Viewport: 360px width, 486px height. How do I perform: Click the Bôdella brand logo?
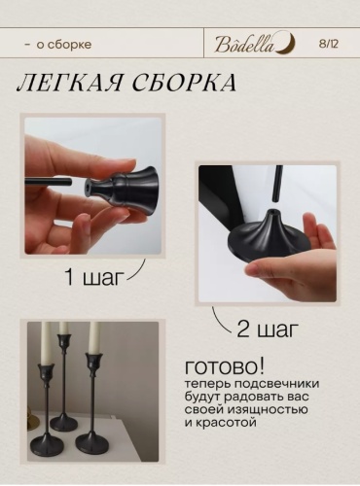256,44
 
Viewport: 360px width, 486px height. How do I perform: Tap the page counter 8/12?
328,44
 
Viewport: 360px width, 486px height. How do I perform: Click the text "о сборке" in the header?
64,45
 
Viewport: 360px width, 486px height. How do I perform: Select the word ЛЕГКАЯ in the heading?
69,84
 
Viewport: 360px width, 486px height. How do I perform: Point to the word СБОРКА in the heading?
185,84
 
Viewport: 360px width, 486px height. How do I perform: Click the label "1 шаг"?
95,278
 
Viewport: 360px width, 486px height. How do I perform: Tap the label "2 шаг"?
268,329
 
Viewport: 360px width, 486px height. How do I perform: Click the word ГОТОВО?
225,367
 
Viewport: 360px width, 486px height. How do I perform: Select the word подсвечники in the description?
276,384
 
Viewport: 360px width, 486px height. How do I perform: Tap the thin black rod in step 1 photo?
49,181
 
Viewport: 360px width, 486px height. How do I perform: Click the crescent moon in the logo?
289,43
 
